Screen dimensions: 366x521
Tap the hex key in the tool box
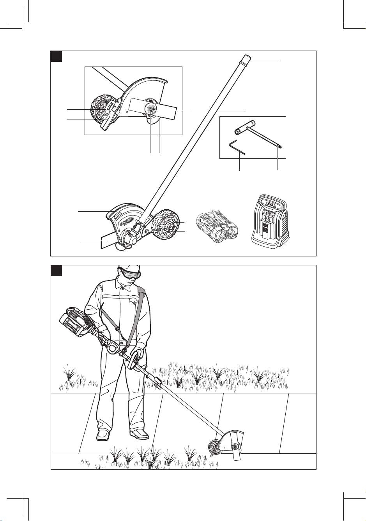tap(237, 148)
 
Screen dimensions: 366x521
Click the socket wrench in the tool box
tap(257, 136)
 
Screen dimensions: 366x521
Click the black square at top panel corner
tap(57, 56)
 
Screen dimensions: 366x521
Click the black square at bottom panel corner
tap(57, 271)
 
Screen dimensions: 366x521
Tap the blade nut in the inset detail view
tap(151, 109)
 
